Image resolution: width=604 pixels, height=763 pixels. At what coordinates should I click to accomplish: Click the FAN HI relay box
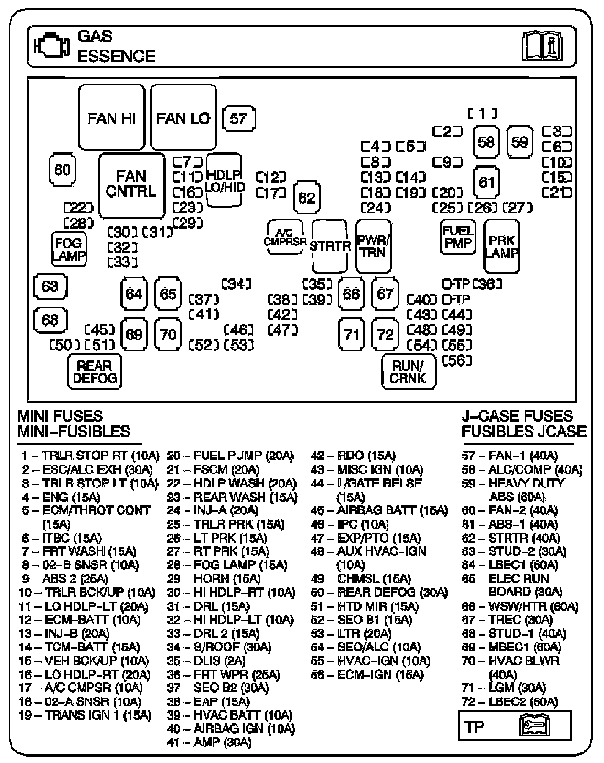pos(112,117)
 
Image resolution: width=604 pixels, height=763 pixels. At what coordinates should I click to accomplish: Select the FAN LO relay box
pos(183,117)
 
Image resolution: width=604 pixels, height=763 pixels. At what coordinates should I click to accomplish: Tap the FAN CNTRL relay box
pos(131,185)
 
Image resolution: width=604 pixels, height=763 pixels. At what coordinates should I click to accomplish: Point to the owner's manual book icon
pos(541,46)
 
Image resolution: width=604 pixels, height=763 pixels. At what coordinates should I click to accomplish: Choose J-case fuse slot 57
pos(238,118)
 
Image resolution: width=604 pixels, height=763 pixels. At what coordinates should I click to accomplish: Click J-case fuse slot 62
pos(306,197)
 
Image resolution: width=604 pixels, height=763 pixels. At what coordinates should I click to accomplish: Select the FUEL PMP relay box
pos(457,237)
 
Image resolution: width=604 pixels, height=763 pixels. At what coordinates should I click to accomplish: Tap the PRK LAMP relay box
pos(502,246)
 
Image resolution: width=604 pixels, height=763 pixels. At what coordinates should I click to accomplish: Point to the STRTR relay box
pos(330,246)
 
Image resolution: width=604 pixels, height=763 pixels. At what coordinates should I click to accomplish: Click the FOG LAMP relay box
pos(69,249)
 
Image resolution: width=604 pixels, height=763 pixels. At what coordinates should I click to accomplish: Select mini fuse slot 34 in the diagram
pos(237,284)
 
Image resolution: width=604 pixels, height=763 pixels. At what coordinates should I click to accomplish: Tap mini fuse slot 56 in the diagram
pos(457,360)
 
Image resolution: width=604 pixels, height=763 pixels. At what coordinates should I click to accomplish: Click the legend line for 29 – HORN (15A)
pos(214,579)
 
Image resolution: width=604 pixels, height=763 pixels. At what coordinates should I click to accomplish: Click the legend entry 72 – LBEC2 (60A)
pos(510,702)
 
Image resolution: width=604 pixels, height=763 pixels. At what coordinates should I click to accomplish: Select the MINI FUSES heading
pos(60,416)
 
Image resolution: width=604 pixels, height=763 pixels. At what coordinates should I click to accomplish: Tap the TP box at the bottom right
pos(515,726)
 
